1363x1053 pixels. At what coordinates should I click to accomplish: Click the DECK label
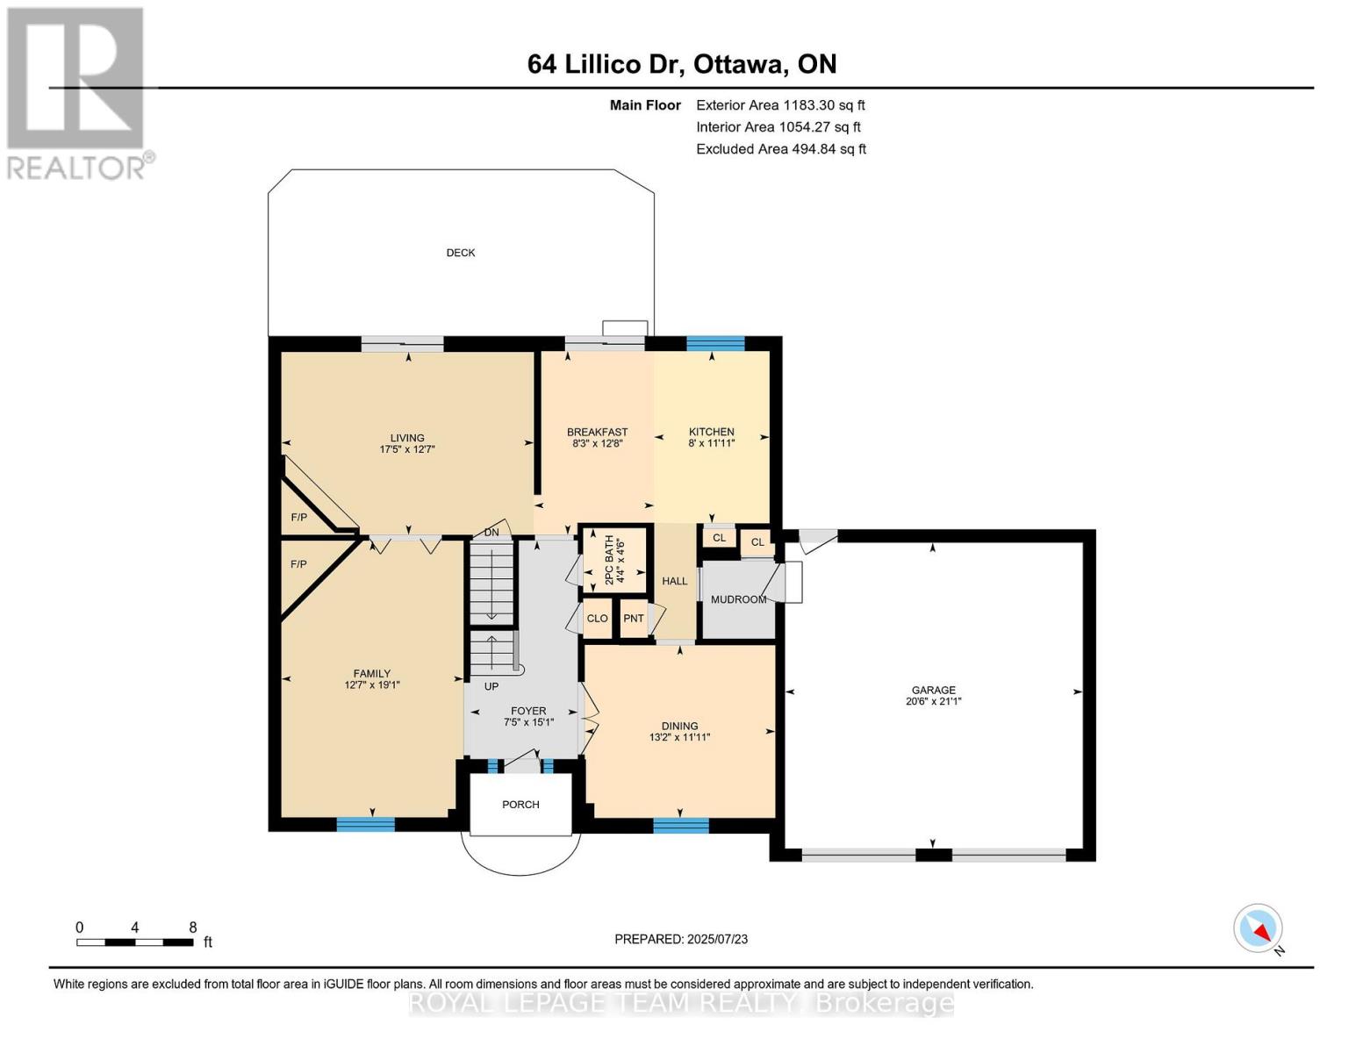(460, 253)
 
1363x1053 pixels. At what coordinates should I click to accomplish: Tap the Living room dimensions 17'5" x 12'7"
(407, 449)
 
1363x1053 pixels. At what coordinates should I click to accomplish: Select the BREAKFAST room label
(597, 432)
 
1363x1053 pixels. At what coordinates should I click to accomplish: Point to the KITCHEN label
(711, 432)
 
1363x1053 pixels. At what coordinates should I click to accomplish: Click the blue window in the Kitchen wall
(714, 343)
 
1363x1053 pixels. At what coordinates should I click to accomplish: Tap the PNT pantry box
(633, 619)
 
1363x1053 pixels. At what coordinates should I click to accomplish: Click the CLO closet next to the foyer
(597, 619)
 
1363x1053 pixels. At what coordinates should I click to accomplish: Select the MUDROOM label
(738, 599)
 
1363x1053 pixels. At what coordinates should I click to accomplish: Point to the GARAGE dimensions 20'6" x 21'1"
(933, 702)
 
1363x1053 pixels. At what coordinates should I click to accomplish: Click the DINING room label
(679, 726)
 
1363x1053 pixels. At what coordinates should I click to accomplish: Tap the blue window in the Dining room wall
(680, 825)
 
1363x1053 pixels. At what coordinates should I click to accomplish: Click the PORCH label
(520, 805)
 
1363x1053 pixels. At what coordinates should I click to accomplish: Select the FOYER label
(528, 711)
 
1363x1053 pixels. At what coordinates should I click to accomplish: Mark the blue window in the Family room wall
(365, 824)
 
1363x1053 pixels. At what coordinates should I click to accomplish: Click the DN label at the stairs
(491, 533)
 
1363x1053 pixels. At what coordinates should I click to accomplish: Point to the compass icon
(1258, 928)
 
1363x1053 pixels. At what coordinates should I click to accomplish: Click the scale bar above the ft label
(134, 942)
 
